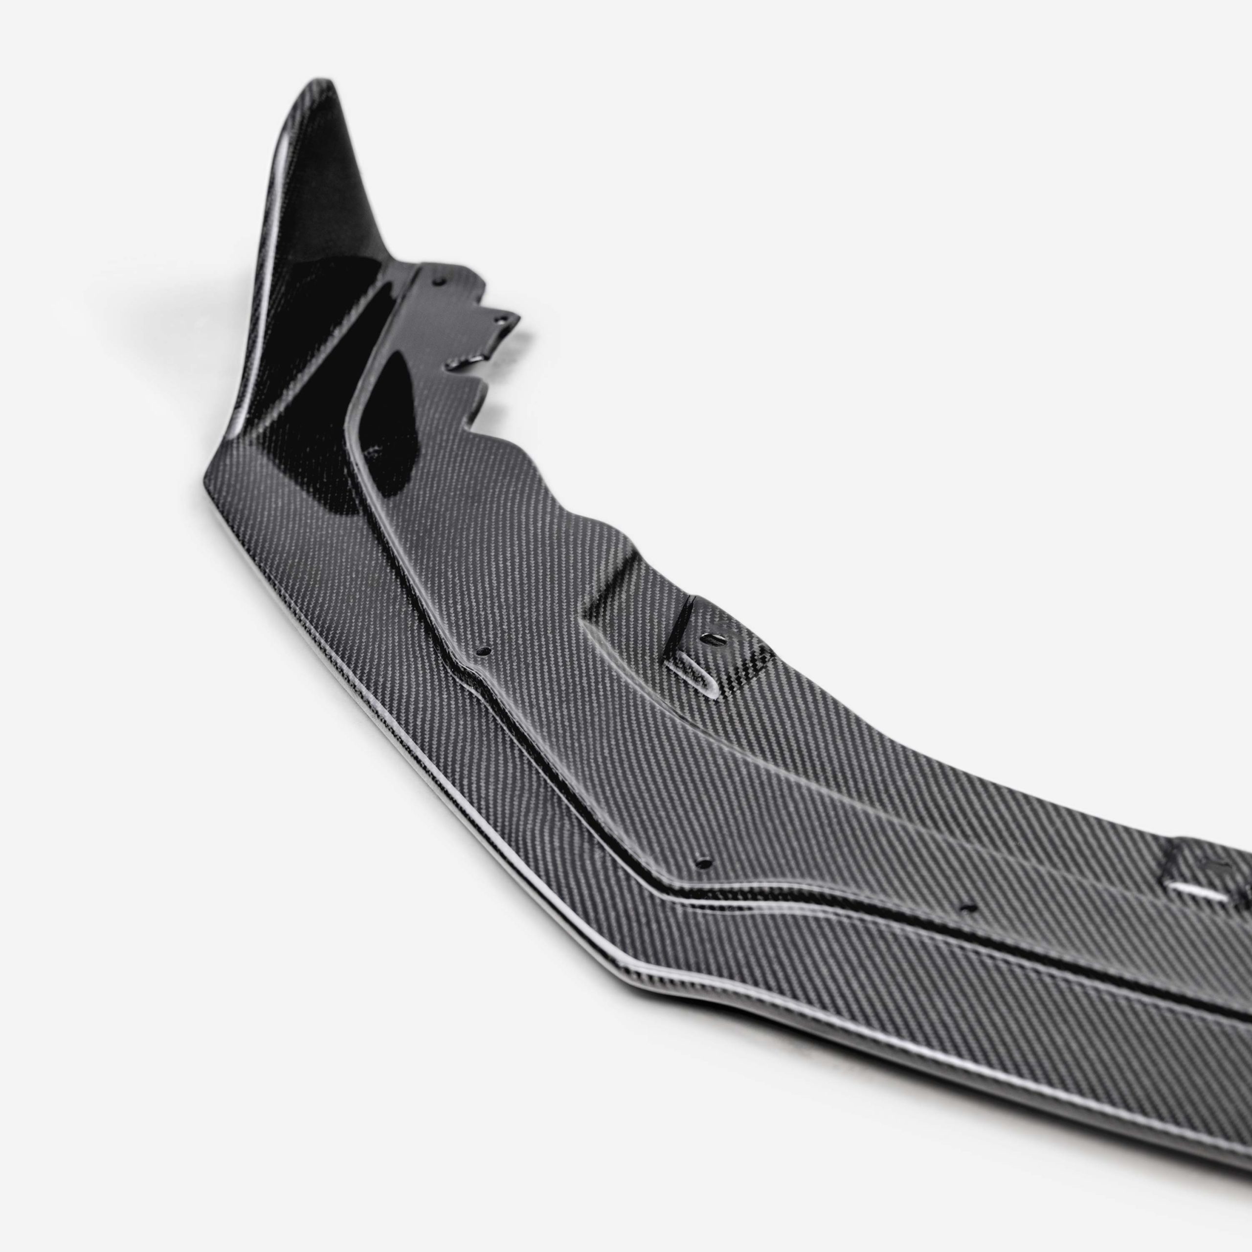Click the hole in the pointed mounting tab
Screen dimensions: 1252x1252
[x=500, y=319]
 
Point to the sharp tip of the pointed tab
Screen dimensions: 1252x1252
[x=518, y=317]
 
